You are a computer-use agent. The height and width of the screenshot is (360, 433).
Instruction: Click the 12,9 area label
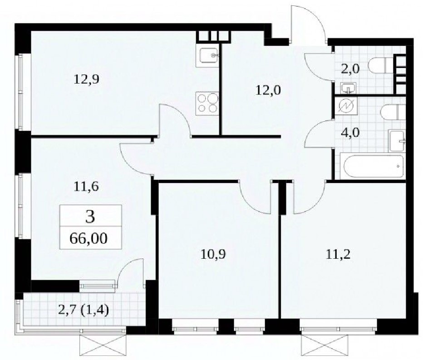86,80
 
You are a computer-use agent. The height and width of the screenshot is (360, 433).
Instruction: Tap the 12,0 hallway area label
268,90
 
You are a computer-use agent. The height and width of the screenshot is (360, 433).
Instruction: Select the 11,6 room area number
86,187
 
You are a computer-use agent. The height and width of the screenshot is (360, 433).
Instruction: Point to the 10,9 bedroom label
213,254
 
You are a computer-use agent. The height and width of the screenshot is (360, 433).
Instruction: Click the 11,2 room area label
338,254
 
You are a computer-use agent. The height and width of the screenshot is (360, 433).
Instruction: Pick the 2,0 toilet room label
350,69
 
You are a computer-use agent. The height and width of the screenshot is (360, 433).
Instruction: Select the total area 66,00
89,238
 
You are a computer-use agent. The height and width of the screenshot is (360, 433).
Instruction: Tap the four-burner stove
207,104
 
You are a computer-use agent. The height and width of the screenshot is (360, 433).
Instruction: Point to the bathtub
373,166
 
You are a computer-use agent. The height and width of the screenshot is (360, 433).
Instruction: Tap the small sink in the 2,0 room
349,88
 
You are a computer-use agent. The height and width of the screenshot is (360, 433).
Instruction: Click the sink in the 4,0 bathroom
397,141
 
